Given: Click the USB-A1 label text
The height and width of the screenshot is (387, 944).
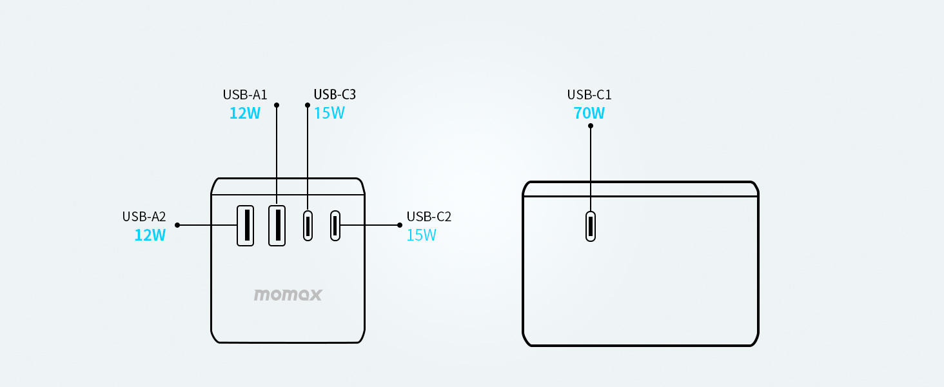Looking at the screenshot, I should pyautogui.click(x=245, y=95).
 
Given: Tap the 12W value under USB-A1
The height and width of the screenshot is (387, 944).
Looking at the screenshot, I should pyautogui.click(x=245, y=114).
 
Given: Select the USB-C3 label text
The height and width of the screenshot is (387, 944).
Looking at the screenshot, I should pyautogui.click(x=335, y=95).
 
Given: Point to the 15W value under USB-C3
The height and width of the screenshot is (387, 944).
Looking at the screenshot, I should pyautogui.click(x=329, y=114).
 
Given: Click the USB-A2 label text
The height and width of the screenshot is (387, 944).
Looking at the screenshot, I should pyautogui.click(x=144, y=217).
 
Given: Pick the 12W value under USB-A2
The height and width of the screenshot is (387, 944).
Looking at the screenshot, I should pyautogui.click(x=150, y=235).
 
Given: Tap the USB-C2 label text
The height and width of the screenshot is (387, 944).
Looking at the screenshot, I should pyautogui.click(x=429, y=217).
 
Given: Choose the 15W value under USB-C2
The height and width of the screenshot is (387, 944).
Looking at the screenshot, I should pyautogui.click(x=422, y=235).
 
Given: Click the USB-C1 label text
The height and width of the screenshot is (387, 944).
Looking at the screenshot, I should pyautogui.click(x=589, y=95).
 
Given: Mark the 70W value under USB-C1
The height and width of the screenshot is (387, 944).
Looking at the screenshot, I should pyautogui.click(x=589, y=114).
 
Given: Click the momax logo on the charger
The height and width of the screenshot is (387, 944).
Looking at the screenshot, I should pyautogui.click(x=288, y=295).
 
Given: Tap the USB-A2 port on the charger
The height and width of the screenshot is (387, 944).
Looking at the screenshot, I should pyautogui.click(x=245, y=225).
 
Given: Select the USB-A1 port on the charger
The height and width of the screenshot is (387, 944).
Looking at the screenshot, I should pyautogui.click(x=277, y=225).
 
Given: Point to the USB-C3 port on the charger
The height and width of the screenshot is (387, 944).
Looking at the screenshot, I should pyautogui.click(x=308, y=225).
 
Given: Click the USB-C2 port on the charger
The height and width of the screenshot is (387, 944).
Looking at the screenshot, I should pyautogui.click(x=335, y=225).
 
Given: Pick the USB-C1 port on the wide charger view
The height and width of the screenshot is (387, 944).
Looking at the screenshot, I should pyautogui.click(x=591, y=226).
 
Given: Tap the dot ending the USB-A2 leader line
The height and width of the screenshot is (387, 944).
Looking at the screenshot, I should pyautogui.click(x=177, y=225).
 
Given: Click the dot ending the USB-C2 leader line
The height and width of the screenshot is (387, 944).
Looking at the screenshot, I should pyautogui.click(x=400, y=225).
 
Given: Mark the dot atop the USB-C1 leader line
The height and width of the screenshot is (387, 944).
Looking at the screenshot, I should pyautogui.click(x=591, y=126).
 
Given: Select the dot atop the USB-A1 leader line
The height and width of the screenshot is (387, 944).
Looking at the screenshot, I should pyautogui.click(x=277, y=104).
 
